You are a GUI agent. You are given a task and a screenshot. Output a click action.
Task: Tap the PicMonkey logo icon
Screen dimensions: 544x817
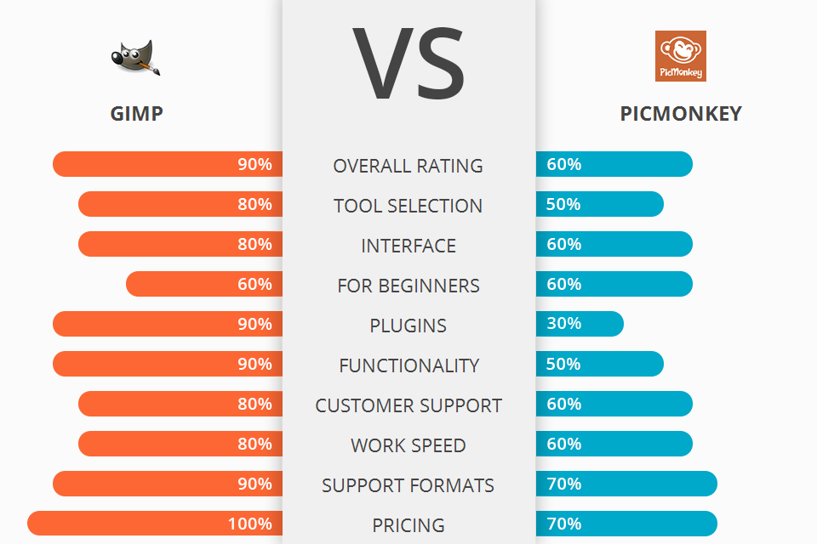pyautogui.click(x=680, y=56)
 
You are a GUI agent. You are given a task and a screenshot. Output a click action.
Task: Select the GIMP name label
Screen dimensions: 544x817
pyautogui.click(x=136, y=113)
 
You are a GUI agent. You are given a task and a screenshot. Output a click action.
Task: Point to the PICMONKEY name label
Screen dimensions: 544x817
pyautogui.click(x=681, y=113)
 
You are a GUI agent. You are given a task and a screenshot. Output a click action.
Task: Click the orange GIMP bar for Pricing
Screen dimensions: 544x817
pyautogui.click(x=153, y=524)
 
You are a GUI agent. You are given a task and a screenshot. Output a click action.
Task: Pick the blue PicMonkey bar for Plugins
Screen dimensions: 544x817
pyautogui.click(x=580, y=324)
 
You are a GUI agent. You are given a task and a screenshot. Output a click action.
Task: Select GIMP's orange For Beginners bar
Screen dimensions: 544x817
pyautogui.click(x=204, y=284)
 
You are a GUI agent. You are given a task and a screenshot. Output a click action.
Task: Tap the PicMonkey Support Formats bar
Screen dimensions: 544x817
pyautogui.click(x=626, y=484)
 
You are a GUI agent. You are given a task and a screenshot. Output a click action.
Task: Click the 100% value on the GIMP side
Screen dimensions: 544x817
pyautogui.click(x=249, y=524)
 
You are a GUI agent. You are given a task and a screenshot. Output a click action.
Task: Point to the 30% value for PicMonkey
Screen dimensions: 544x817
pyautogui.click(x=564, y=324)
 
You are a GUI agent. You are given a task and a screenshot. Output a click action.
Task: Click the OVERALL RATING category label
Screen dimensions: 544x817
pyautogui.click(x=408, y=166)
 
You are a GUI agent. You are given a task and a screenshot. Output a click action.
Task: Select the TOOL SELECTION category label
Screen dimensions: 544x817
pyautogui.click(x=408, y=206)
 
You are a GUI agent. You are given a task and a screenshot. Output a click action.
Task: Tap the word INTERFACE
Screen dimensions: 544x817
pyautogui.click(x=408, y=246)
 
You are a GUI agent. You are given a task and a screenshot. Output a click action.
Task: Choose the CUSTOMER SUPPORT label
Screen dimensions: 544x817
pyautogui.click(x=408, y=405)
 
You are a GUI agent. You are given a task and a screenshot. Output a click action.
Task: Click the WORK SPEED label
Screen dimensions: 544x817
pyautogui.click(x=408, y=445)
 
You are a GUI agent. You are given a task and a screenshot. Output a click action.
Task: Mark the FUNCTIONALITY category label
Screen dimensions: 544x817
pyautogui.click(x=408, y=365)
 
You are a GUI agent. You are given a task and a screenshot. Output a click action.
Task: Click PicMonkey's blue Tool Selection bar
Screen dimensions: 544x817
pyautogui.click(x=599, y=204)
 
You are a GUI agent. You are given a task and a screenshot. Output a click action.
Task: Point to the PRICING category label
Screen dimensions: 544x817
pyautogui.click(x=408, y=525)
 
